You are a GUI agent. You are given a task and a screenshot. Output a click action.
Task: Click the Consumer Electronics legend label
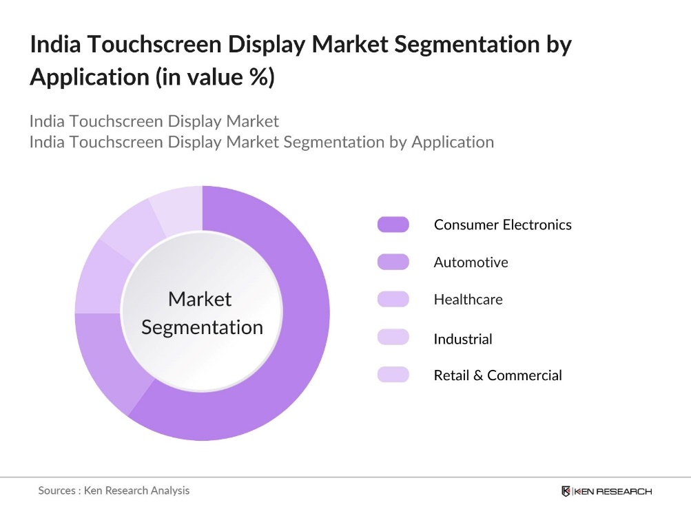click(x=502, y=225)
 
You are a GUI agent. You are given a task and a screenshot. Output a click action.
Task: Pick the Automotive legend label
click(x=471, y=262)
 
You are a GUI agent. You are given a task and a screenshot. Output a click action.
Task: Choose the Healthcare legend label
click(x=468, y=300)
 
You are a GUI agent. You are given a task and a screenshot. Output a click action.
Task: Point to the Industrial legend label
click(x=462, y=339)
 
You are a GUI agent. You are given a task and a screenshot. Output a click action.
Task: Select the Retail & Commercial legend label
click(x=497, y=375)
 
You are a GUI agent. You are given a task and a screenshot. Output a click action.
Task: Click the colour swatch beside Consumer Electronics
click(x=393, y=225)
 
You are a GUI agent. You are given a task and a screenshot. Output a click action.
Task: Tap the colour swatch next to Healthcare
click(x=393, y=300)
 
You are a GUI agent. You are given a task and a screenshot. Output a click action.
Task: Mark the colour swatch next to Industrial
click(x=393, y=338)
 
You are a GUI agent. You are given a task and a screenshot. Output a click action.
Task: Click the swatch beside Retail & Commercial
click(x=393, y=375)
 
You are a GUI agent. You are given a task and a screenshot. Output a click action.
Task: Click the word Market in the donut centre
click(x=200, y=299)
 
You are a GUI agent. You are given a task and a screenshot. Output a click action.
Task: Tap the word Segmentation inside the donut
click(x=202, y=327)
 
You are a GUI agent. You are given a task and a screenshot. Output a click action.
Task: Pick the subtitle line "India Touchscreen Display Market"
click(x=154, y=121)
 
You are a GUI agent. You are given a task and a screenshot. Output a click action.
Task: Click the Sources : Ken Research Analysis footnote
click(x=114, y=490)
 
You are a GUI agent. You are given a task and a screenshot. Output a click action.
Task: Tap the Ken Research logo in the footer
click(x=606, y=491)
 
